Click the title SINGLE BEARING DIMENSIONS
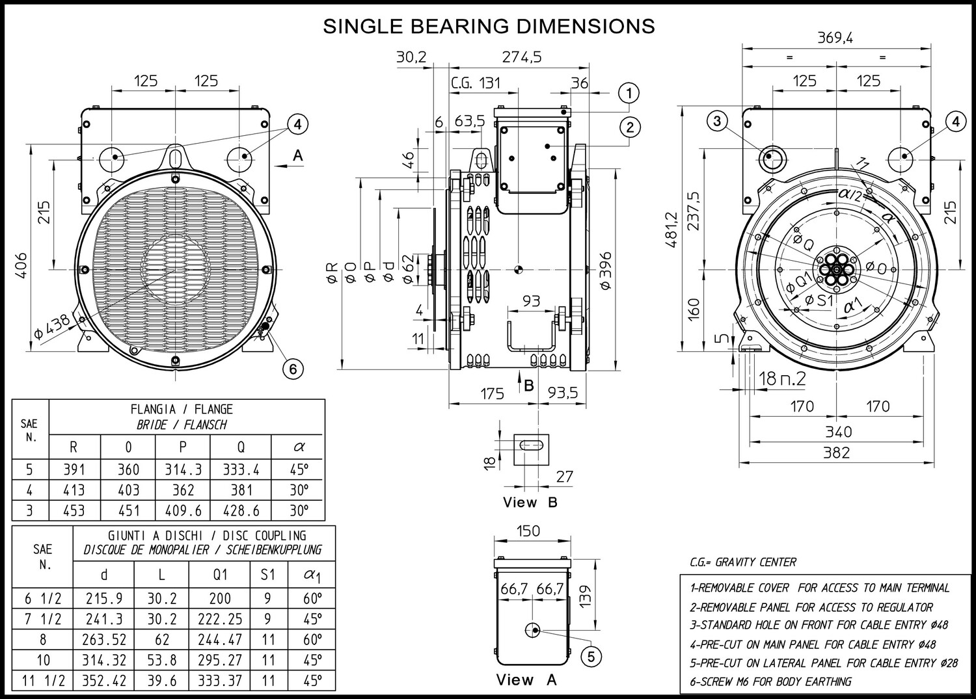[489, 26]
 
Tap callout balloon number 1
[629, 93]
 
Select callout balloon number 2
[630, 127]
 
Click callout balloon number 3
[718, 121]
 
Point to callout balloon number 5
[591, 657]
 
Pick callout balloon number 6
[293, 369]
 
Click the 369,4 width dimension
[835, 38]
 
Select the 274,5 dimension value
[522, 57]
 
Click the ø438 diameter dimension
[52, 327]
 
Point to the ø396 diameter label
[606, 270]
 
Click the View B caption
[530, 502]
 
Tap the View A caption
[526, 679]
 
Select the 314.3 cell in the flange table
[183, 469]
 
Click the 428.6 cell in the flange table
[241, 510]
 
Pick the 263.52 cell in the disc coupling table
[104, 639]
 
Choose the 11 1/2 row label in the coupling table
[43, 680]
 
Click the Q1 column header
[220, 575]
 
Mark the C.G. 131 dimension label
[476, 83]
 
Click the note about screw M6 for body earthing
[770, 681]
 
